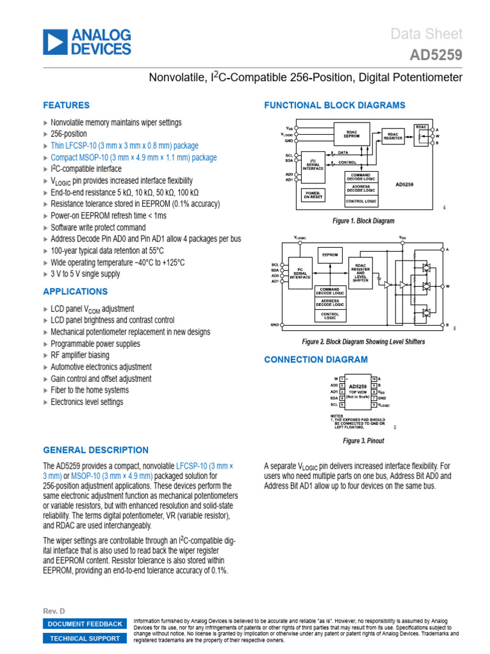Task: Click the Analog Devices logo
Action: (86, 42)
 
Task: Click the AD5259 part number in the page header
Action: (436, 56)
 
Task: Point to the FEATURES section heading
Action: (66, 105)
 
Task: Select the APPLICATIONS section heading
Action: (75, 292)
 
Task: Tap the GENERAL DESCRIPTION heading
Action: (96, 450)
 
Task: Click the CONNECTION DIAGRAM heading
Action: (316, 360)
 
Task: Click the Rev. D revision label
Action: (54, 611)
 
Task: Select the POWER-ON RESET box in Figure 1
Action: (313, 194)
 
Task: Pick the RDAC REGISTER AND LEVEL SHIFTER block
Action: (361, 272)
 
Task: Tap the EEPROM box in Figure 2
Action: (329, 254)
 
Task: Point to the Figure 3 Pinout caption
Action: (364, 441)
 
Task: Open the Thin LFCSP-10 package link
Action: (124, 146)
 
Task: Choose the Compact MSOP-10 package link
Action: (133, 157)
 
